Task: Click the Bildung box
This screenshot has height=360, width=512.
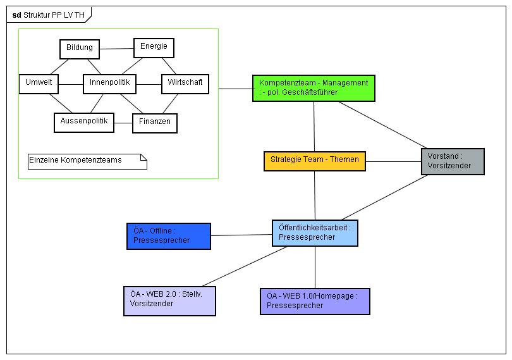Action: (80, 49)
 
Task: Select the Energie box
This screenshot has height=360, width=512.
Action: (154, 48)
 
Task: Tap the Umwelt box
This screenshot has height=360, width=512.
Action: (39, 84)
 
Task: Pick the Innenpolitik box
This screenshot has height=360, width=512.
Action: (110, 84)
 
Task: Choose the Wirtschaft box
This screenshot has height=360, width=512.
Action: (185, 84)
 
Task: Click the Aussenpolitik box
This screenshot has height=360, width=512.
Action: (84, 121)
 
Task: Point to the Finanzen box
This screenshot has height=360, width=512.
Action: (155, 122)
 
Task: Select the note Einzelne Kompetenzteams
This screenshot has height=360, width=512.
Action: (87, 161)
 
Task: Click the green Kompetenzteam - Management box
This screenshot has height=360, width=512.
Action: (314, 88)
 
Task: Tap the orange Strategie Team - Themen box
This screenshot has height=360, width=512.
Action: (314, 161)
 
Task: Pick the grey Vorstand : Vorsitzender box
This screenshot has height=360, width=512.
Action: (452, 161)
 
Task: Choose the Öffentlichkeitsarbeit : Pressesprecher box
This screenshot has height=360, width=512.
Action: (315, 233)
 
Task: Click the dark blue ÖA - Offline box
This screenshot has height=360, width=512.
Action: (168, 236)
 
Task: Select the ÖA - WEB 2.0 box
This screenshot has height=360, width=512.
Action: (169, 301)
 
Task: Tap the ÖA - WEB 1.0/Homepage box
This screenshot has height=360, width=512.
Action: (315, 301)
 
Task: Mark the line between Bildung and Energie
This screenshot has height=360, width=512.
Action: (117, 48)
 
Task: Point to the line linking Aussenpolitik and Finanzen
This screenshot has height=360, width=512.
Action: (123, 122)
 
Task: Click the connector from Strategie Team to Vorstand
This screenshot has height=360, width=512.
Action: (393, 161)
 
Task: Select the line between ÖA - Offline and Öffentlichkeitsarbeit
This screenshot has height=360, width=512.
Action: (241, 235)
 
